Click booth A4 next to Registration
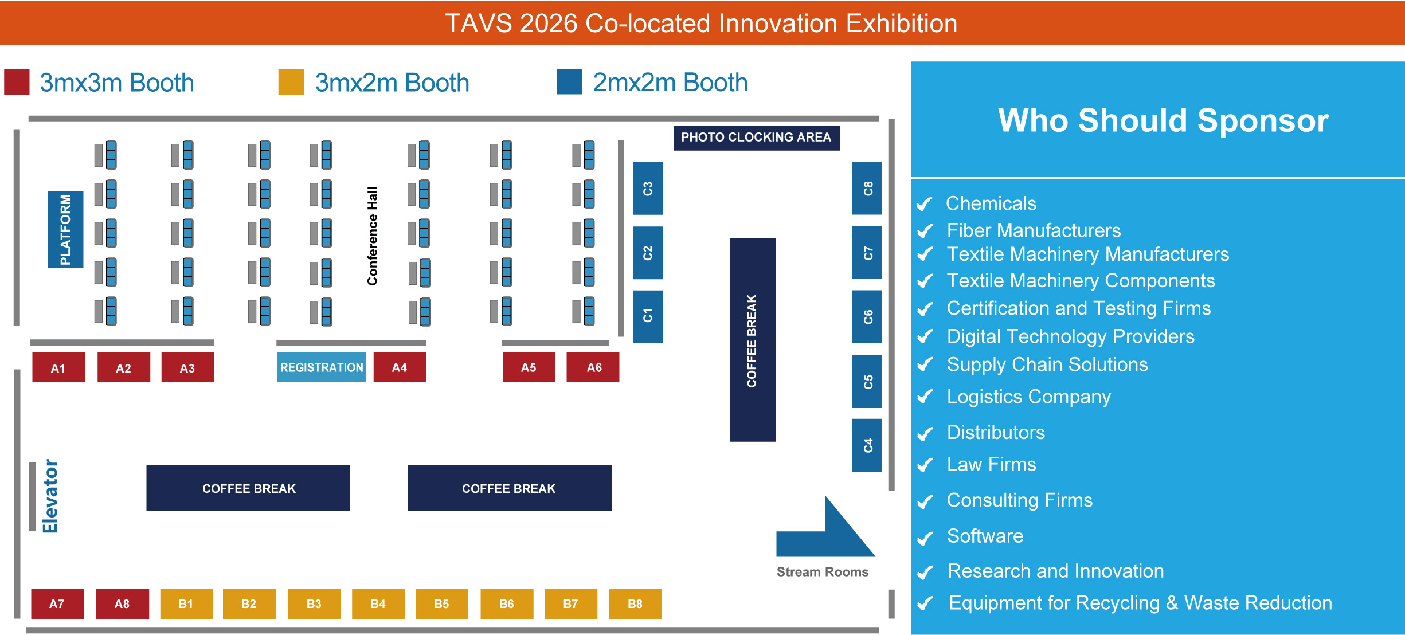tap(400, 367)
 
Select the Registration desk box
tap(322, 367)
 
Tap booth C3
tap(648, 189)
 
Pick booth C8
tap(867, 189)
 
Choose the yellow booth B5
tap(441, 604)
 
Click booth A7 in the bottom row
tap(57, 604)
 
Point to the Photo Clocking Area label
tap(756, 138)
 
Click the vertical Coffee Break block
tap(753, 340)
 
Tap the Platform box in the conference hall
tap(65, 229)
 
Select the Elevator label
tap(50, 496)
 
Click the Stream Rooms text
tap(822, 572)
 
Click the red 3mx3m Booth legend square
tap(17, 82)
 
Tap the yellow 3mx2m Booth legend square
tap(291, 82)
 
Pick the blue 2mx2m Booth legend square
tap(569, 82)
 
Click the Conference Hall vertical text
tap(373, 236)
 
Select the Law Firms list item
tap(991, 464)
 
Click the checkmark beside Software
tap(925, 538)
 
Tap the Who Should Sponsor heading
tap(1163, 120)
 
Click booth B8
tap(635, 604)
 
